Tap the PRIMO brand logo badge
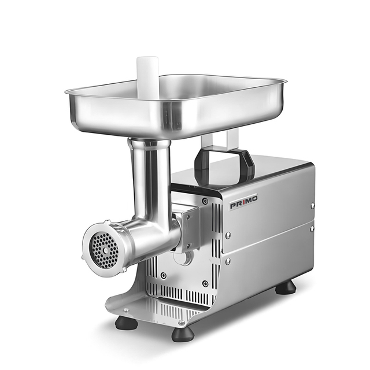point(244,202)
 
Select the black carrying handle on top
point(224,163)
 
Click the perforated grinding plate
point(104,250)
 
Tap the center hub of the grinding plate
point(105,250)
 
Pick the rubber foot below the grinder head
point(127,323)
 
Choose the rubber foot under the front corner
point(183,334)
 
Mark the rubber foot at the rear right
point(286,287)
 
